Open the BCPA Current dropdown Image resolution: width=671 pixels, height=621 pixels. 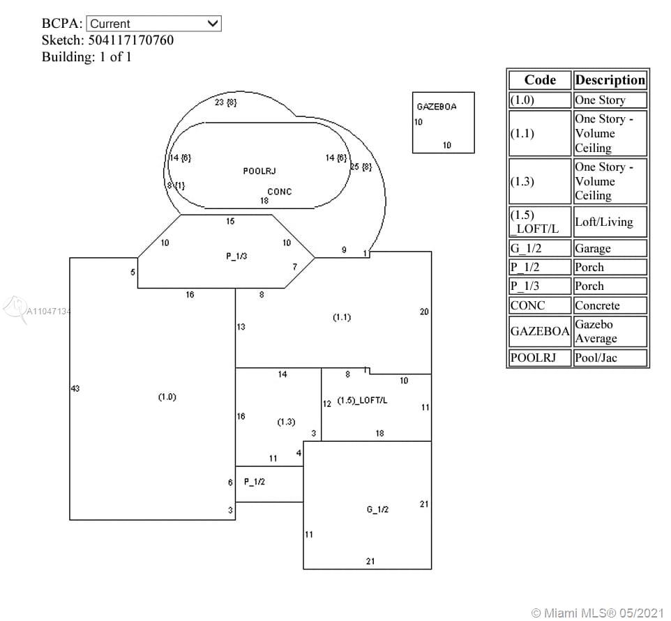[x=153, y=24]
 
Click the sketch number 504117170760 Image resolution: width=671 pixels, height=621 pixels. [x=131, y=40]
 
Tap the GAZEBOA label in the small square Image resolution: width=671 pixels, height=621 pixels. [x=437, y=107]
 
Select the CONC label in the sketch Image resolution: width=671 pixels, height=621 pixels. [x=280, y=192]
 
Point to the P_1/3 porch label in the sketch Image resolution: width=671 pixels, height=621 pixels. [x=236, y=256]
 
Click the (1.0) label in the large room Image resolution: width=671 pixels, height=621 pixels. [x=167, y=397]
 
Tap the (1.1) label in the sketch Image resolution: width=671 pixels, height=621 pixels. [x=342, y=317]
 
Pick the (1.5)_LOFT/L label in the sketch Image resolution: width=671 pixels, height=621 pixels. [x=362, y=400]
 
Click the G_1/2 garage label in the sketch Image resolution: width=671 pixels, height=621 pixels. [x=377, y=509]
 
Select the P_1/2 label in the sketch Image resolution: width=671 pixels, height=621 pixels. [x=255, y=482]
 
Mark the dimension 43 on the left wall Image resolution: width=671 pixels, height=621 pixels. [x=75, y=388]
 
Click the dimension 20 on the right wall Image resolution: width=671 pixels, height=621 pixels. [x=424, y=312]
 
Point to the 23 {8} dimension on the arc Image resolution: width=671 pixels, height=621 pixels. [x=225, y=102]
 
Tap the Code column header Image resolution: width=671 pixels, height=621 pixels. [x=540, y=80]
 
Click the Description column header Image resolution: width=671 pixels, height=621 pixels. [x=610, y=80]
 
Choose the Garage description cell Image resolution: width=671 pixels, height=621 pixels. [x=593, y=249]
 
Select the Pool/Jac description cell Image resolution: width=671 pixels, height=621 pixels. [x=596, y=358]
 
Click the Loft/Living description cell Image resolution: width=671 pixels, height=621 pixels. [x=604, y=222]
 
